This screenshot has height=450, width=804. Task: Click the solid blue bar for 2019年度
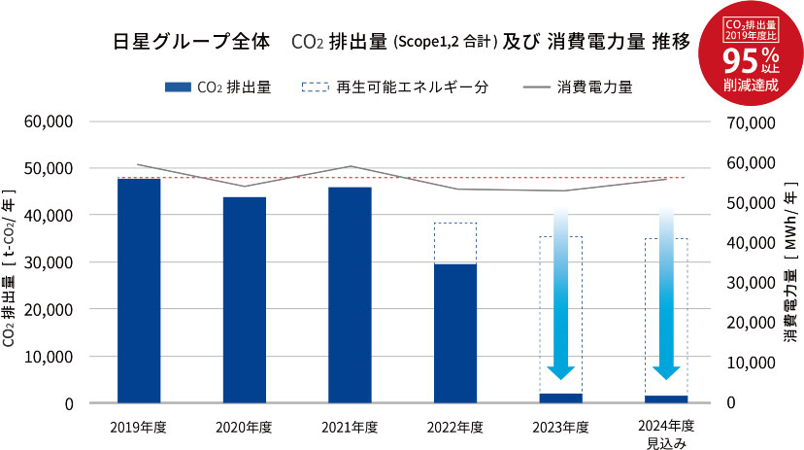click(139, 290)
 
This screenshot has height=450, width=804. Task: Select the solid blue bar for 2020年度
click(245, 299)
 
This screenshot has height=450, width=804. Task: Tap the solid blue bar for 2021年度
click(350, 294)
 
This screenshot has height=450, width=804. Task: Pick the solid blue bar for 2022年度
click(455, 332)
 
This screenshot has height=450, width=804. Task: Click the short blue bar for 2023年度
click(560, 398)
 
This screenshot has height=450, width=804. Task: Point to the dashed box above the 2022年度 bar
click(455, 243)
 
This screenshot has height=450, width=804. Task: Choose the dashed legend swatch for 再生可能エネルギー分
click(316, 87)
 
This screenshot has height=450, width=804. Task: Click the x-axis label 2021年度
click(350, 427)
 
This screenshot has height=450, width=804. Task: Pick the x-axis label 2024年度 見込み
click(666, 434)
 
